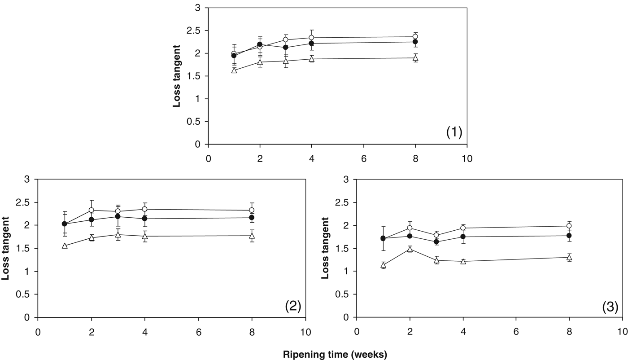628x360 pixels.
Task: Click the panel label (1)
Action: [x=454, y=132]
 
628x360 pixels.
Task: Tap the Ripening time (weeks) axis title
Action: [x=335, y=354]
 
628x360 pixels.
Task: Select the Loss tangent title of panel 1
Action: [x=177, y=76]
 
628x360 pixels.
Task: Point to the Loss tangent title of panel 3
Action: [x=325, y=248]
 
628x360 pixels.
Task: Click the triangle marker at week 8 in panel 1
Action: [x=415, y=58]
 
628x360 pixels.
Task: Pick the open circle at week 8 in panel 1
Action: [x=415, y=37]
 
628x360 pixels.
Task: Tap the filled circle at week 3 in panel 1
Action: [x=286, y=48]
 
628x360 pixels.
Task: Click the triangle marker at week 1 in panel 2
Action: [x=65, y=246]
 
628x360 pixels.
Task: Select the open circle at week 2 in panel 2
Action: [x=92, y=210]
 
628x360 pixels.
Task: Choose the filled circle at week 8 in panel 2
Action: [x=252, y=218]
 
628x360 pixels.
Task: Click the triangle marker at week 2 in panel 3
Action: [x=410, y=249]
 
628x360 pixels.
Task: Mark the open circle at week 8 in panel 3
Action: [x=569, y=226]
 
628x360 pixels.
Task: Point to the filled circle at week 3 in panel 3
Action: [x=436, y=241]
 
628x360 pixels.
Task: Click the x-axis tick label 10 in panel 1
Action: [x=467, y=159]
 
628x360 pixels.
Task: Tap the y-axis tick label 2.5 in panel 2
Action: [x=27, y=202]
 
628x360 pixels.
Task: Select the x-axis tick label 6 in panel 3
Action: [x=516, y=332]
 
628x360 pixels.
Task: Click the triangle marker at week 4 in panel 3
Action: [x=463, y=261]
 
